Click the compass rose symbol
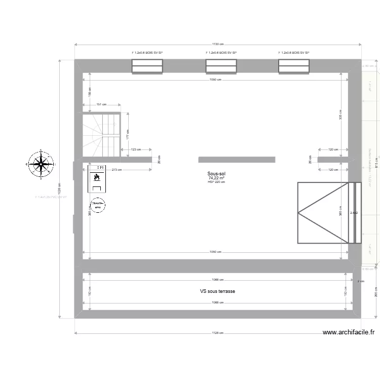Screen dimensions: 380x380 [40, 164]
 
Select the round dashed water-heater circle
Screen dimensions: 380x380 [97, 205]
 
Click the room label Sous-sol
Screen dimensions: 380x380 [216, 173]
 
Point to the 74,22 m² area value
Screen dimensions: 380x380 [216, 178]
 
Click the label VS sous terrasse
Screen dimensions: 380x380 [217, 291]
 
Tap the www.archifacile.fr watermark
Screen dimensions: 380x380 [349, 332]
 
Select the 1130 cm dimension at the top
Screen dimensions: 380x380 [218, 44]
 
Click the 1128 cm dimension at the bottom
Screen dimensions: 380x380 [217, 333]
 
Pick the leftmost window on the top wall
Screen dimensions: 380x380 [147, 66]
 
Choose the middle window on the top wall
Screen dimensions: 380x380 [221, 66]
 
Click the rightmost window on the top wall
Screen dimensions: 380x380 [294, 66]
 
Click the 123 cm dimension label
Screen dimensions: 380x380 [135, 149]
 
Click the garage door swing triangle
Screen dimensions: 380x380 [323, 213]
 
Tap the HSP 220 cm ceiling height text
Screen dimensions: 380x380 [216, 182]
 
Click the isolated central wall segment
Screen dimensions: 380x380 [237, 160]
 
